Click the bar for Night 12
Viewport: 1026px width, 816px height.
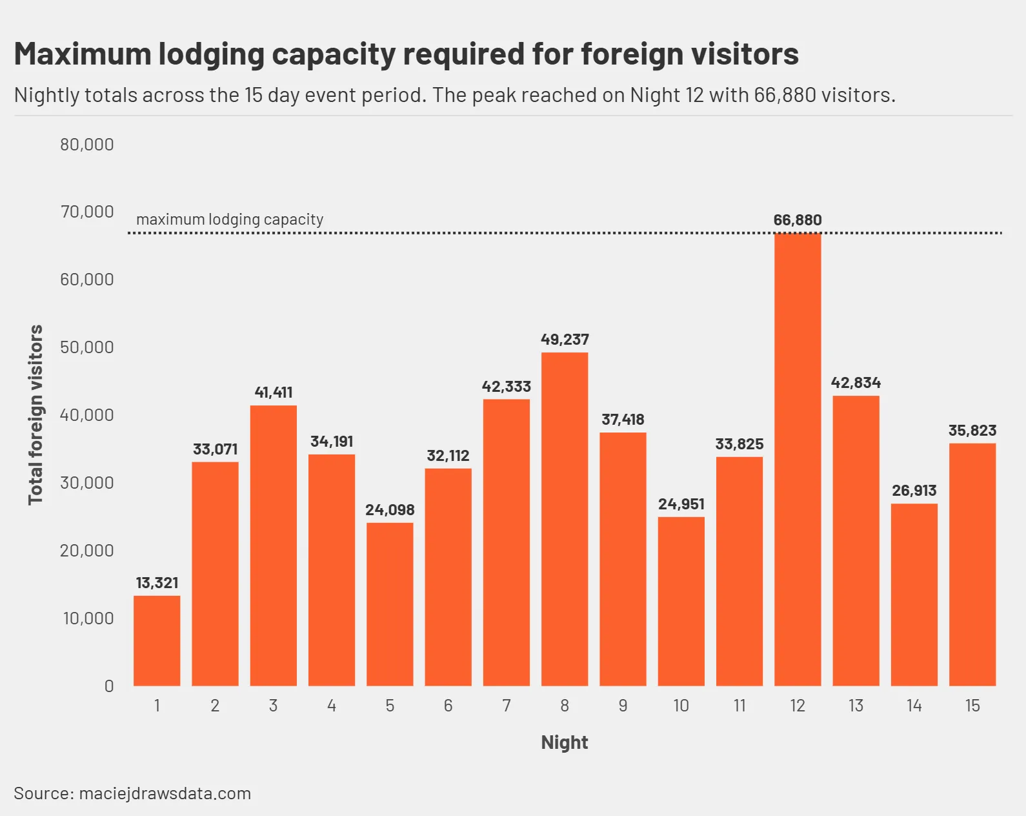click(x=798, y=459)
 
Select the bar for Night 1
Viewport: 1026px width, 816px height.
click(x=157, y=640)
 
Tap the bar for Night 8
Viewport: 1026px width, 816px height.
click(x=565, y=518)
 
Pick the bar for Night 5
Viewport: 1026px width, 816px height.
click(x=390, y=604)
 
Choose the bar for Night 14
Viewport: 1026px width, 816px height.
click(x=914, y=595)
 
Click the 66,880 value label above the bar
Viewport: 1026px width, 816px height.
click(x=798, y=220)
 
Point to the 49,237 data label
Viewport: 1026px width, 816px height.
click(x=565, y=340)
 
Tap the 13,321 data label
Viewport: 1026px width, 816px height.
click(x=157, y=583)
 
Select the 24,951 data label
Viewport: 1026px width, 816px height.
click(x=681, y=504)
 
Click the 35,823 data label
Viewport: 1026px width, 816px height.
click(x=972, y=431)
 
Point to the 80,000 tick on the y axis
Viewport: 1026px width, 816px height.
click(x=87, y=145)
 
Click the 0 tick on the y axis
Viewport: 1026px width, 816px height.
click(x=109, y=686)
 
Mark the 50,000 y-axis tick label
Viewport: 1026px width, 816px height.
click(x=87, y=347)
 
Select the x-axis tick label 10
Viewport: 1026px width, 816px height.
click(x=681, y=706)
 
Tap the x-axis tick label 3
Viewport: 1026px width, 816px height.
click(x=274, y=706)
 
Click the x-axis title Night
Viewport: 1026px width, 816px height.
click(x=565, y=742)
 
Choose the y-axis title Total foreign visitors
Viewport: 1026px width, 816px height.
click(x=35, y=414)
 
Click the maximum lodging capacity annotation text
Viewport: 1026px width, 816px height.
click(x=230, y=219)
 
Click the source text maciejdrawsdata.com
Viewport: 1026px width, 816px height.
click(x=165, y=793)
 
